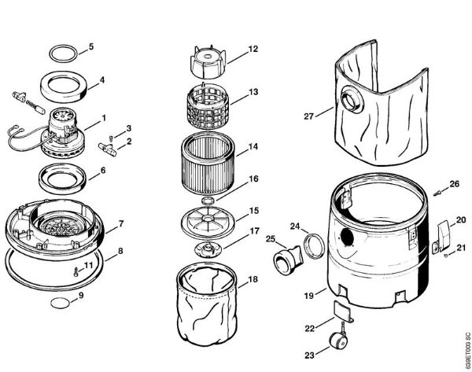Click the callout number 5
(90, 46)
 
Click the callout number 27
(308, 117)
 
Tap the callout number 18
(253, 279)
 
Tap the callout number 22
(309, 327)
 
